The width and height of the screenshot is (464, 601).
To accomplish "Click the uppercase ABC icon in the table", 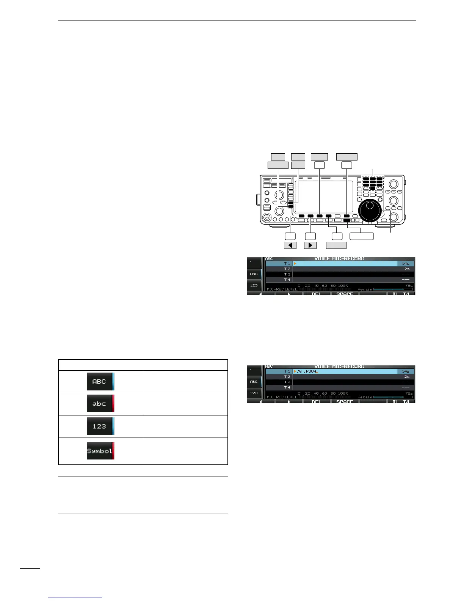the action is click(x=100, y=382).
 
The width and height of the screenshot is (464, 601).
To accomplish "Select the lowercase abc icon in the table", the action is click(x=100, y=404).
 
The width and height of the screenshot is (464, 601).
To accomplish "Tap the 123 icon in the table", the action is click(x=100, y=426).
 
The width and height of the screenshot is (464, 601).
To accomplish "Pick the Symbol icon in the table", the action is click(x=100, y=451).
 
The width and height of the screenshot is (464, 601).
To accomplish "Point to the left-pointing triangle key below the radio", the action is click(x=290, y=245).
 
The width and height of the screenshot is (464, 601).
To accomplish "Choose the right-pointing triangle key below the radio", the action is click(x=310, y=245).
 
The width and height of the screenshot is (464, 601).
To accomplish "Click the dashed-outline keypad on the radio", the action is click(x=373, y=183).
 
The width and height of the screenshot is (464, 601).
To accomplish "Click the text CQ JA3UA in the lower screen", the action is click(x=306, y=371).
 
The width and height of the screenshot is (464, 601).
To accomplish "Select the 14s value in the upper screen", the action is click(x=406, y=263).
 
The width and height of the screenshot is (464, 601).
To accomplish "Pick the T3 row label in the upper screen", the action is click(x=287, y=274).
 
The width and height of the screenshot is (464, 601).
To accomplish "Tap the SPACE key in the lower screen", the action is click(x=345, y=401).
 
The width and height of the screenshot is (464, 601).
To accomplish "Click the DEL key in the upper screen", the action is click(x=316, y=294).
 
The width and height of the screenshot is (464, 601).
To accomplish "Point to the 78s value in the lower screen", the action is click(x=409, y=393).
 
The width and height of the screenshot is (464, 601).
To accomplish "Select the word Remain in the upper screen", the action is click(x=365, y=289).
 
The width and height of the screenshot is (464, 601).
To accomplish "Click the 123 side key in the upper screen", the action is click(x=254, y=285).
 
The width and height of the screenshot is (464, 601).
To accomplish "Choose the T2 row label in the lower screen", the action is click(x=287, y=377).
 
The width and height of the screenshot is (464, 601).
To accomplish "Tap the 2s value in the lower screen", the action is click(x=406, y=377).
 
